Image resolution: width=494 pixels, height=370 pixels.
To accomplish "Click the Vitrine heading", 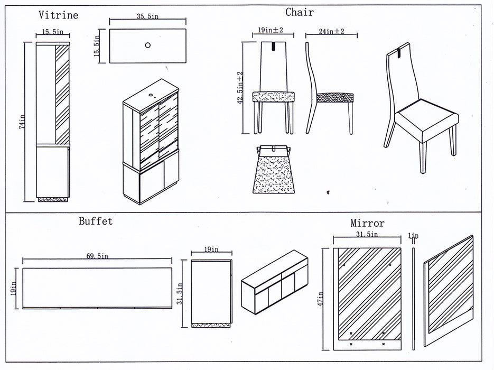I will click(x=58, y=15).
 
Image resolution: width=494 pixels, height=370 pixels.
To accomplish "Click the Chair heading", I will click(x=300, y=12).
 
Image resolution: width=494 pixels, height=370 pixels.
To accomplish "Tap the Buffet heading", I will click(x=96, y=221).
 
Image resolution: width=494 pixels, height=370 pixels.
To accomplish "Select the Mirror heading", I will click(x=367, y=223).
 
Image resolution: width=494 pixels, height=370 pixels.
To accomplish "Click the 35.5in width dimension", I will click(x=147, y=17).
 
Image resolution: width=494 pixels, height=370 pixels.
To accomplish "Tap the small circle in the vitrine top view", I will click(x=147, y=45).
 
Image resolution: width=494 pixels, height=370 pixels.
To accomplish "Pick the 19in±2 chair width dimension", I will click(x=271, y=31).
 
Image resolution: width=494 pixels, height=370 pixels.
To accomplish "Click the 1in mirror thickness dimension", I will click(x=413, y=236).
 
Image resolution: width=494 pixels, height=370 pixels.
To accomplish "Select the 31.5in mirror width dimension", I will click(x=367, y=234).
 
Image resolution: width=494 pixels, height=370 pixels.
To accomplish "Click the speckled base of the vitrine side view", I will click(x=52, y=199).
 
